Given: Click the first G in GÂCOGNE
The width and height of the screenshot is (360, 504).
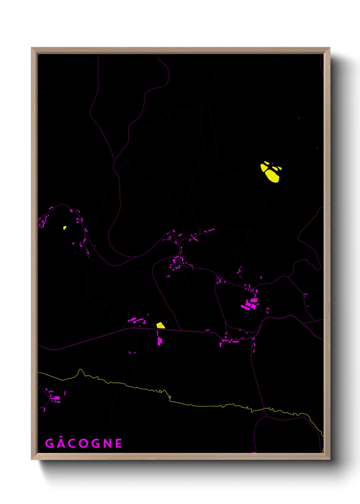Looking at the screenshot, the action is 50,443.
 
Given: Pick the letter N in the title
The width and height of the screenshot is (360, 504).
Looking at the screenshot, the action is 108,443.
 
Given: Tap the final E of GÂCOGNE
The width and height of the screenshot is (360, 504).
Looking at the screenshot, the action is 119,443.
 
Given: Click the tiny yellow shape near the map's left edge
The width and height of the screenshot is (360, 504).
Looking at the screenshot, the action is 65,228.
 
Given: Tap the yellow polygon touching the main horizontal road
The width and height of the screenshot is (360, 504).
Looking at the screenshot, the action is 160,326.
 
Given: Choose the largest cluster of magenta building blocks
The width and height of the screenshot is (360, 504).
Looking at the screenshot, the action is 250,303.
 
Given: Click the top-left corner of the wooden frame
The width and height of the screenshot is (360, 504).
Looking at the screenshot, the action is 32,48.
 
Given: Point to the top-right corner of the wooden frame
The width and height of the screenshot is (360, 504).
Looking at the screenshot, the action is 329,48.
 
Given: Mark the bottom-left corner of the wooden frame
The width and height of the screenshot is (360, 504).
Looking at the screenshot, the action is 32,459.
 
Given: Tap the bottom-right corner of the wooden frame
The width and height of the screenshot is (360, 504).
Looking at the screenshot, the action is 329,459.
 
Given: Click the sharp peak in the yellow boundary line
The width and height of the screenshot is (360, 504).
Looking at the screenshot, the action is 80,370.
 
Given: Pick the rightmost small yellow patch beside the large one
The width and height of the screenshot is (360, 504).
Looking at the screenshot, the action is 280,168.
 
